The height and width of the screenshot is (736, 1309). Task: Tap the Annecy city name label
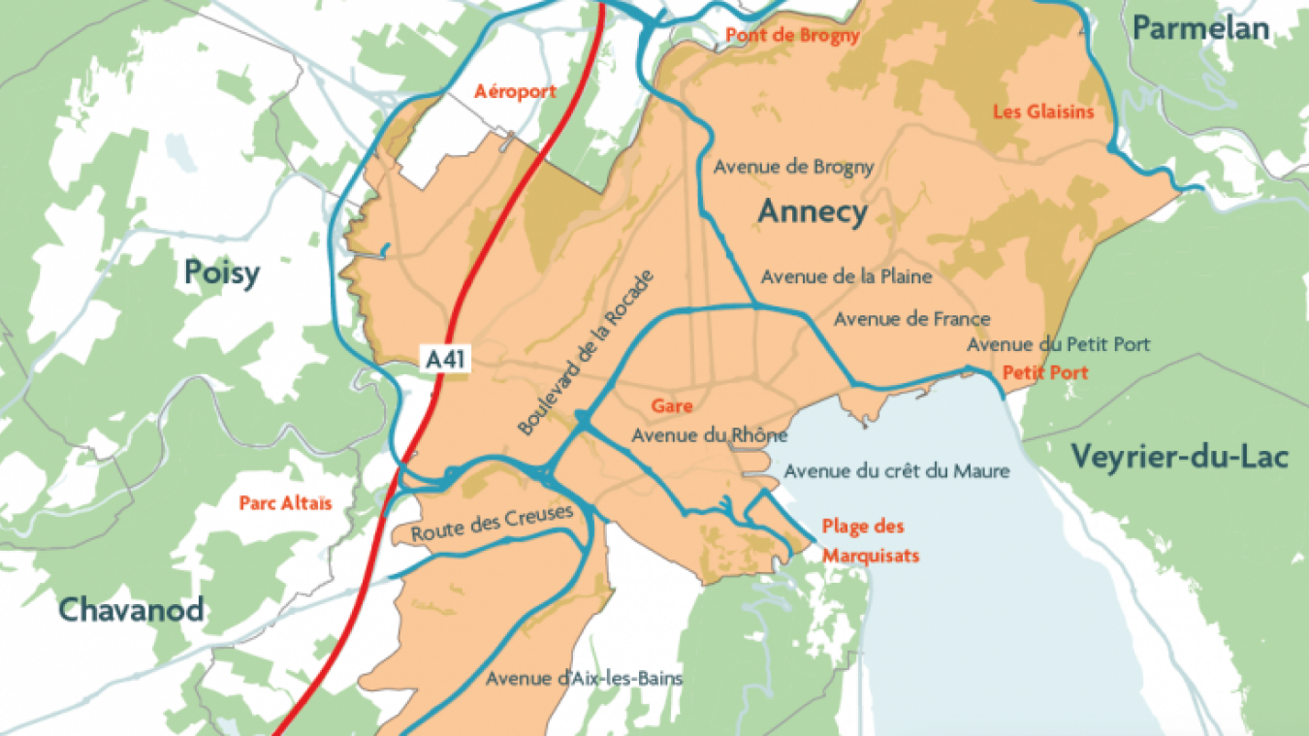813,211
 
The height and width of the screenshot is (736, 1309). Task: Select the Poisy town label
222,273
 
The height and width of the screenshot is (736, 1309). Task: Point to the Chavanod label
131,610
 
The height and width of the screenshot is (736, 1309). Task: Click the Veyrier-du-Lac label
1180,455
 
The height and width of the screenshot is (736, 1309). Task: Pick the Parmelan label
1200,29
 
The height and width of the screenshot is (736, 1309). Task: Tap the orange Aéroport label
515,91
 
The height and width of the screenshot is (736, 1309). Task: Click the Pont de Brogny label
793,36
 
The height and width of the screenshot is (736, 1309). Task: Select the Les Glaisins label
1043,112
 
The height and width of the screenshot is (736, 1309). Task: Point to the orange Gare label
672,406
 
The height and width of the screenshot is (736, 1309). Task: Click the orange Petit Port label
1045,372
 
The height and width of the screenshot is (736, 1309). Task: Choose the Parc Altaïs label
285,503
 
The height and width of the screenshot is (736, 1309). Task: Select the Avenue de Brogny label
793,167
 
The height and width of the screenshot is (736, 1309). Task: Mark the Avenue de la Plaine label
846,276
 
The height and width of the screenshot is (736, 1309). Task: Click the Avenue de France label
911,318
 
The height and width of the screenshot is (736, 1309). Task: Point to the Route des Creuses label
493,525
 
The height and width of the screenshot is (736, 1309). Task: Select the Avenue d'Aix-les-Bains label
584,678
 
